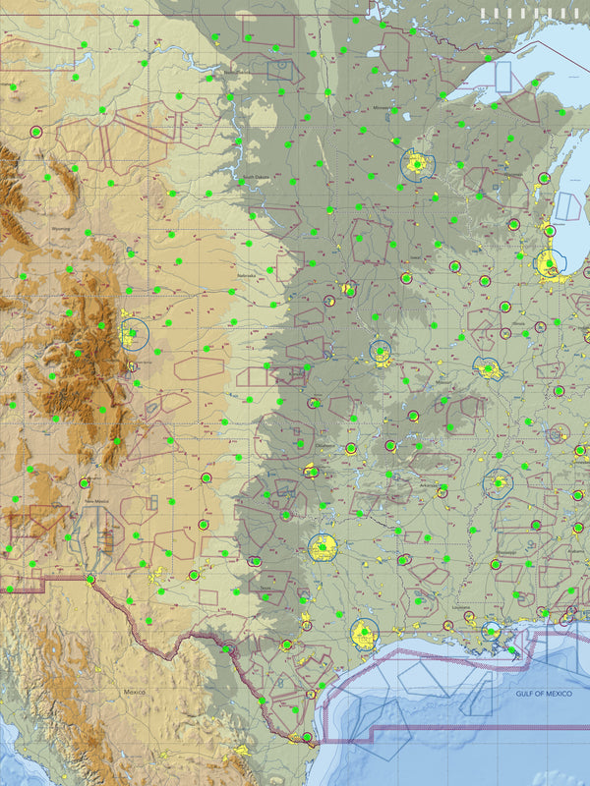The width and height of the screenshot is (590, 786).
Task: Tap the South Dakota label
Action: click(x=256, y=178)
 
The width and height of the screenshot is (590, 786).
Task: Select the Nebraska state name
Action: click(x=246, y=276)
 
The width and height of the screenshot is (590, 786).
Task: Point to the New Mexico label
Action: click(x=95, y=501)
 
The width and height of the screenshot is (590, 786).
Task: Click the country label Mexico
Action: click(x=135, y=693)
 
